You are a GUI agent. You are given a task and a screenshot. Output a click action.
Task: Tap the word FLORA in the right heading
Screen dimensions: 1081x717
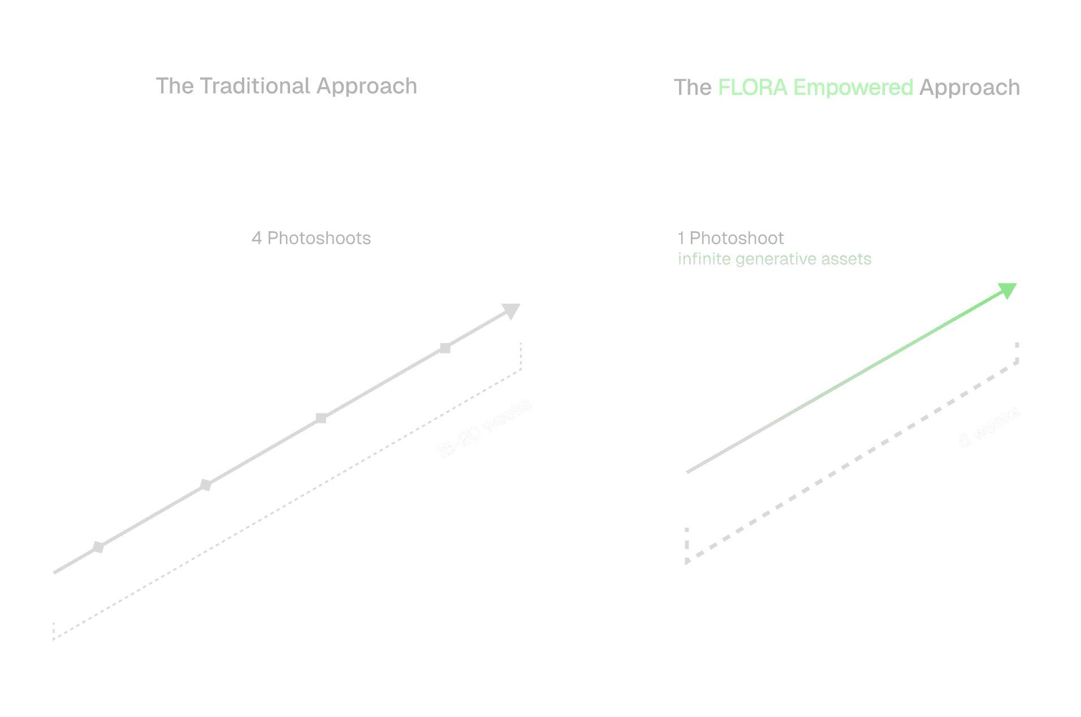click(753, 88)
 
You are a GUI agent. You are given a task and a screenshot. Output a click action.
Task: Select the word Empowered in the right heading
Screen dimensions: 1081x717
click(853, 88)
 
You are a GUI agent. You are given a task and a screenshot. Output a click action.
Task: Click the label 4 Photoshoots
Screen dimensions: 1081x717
click(311, 238)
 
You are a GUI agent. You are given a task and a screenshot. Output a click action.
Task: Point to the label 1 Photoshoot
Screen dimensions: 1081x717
click(730, 238)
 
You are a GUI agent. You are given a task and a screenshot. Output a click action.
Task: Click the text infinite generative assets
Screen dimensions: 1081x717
click(774, 259)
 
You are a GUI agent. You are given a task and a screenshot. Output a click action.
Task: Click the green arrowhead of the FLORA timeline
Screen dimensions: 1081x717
click(1008, 290)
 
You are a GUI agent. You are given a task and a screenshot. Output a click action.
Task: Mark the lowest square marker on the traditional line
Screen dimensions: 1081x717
click(98, 547)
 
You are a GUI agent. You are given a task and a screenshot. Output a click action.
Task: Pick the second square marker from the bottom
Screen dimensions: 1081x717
click(206, 485)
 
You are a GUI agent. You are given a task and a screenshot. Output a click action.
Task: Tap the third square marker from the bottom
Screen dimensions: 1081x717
click(321, 418)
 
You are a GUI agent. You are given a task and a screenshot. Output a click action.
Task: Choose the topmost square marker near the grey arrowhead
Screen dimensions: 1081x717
click(446, 348)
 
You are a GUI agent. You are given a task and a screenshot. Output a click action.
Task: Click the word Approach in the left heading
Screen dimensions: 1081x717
click(366, 87)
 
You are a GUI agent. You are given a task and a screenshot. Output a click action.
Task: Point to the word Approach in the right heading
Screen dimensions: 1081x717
click(970, 88)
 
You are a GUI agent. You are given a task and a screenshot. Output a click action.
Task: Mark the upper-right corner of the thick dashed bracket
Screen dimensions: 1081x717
click(1017, 362)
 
